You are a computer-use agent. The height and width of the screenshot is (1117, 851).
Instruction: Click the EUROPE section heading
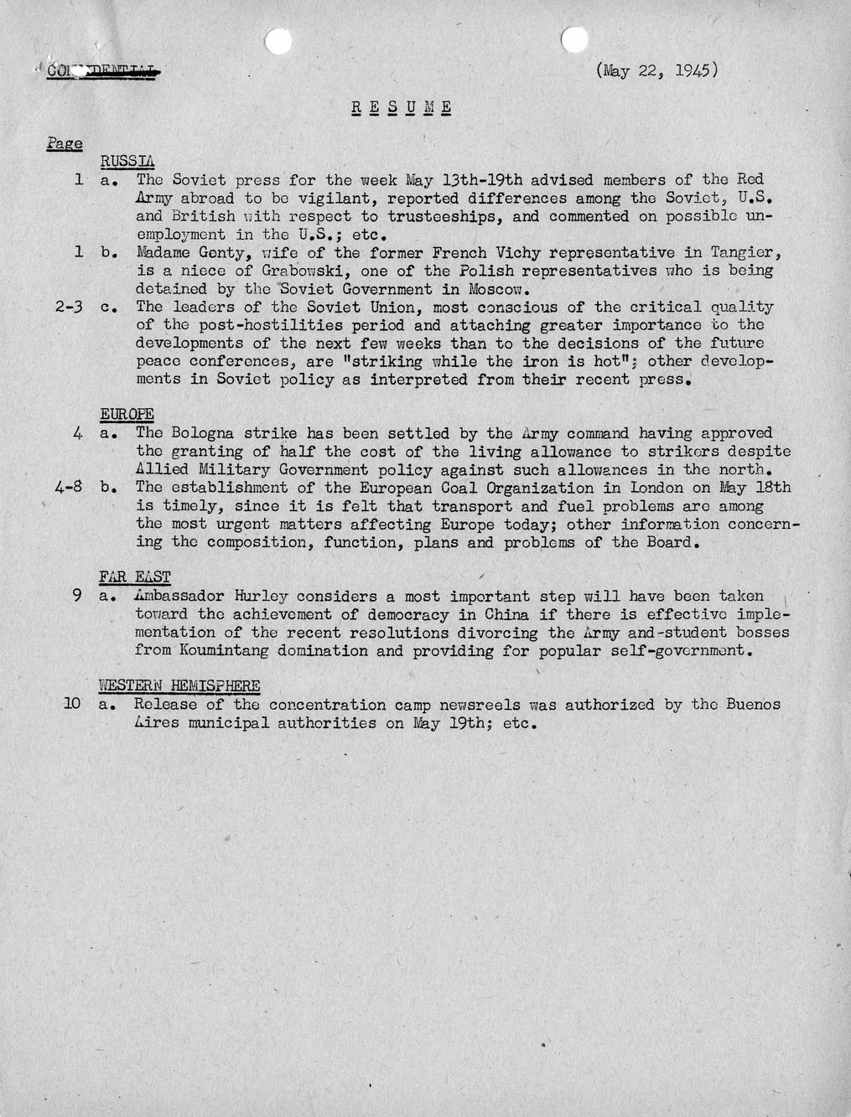click(127, 414)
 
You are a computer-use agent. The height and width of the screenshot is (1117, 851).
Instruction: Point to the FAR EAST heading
click(134, 577)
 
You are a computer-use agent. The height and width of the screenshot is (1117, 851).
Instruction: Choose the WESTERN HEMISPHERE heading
click(179, 685)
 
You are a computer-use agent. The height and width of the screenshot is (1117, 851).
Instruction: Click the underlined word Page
click(65, 143)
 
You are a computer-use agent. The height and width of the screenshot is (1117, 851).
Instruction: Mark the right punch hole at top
click(574, 39)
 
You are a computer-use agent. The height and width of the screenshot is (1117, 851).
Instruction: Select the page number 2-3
click(74, 308)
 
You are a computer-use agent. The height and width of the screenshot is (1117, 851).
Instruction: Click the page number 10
click(71, 705)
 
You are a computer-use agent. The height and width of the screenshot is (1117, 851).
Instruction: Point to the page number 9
click(76, 597)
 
